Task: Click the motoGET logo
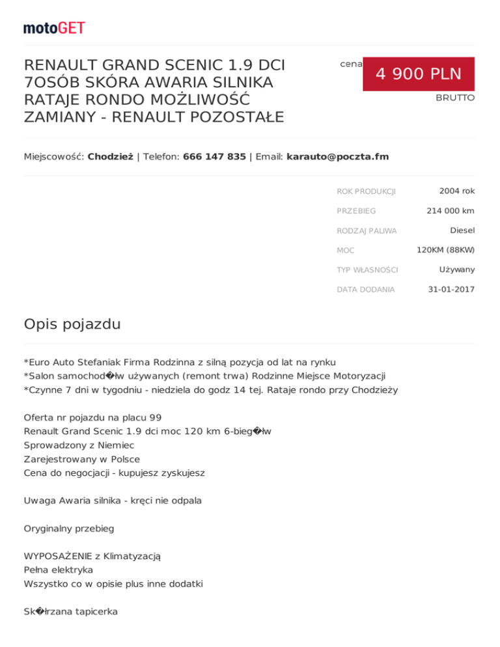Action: [x=54, y=28]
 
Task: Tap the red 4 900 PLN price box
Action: [x=418, y=74]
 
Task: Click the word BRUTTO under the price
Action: [x=455, y=98]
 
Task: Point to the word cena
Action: [x=351, y=64]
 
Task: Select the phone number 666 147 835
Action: [x=214, y=157]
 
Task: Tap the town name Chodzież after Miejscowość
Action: [x=111, y=157]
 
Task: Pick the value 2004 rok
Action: [x=456, y=191]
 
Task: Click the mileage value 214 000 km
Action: [x=451, y=210]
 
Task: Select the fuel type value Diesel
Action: [x=462, y=230]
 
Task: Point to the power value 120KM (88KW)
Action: [x=445, y=249]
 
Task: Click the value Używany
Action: [x=456, y=269]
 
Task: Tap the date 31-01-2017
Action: [x=451, y=289]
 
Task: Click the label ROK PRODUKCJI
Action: [x=366, y=191]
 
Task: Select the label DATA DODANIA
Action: [x=365, y=290]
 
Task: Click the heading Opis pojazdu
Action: [x=72, y=324]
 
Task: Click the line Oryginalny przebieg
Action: [x=69, y=528]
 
